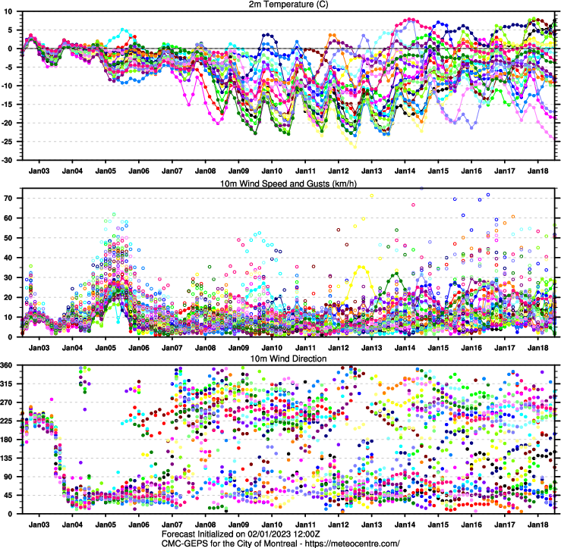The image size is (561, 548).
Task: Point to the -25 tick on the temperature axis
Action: pyautogui.click(x=11, y=142)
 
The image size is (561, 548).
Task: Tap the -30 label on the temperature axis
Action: pyautogui.click(x=11, y=161)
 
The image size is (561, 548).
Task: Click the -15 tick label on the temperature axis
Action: pyautogui.click(x=11, y=105)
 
